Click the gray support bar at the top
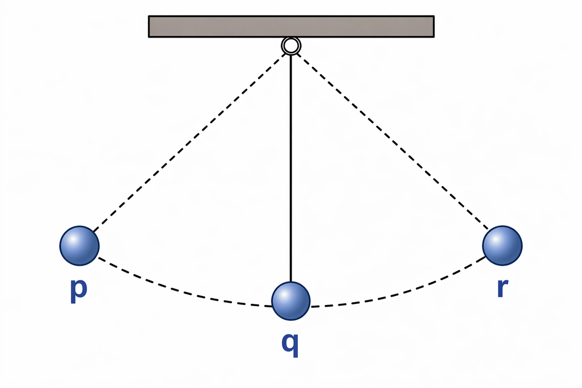(292, 26)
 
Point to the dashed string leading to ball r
(392, 141)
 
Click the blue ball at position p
(80, 246)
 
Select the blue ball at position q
(291, 300)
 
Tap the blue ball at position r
(502, 245)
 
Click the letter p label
(78, 290)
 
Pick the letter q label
(290, 344)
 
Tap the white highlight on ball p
(73, 239)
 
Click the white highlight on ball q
(285, 294)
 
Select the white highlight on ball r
(496, 239)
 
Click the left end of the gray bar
(149, 26)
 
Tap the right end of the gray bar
(434, 26)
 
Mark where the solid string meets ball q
(291, 282)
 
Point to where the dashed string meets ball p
(94, 232)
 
